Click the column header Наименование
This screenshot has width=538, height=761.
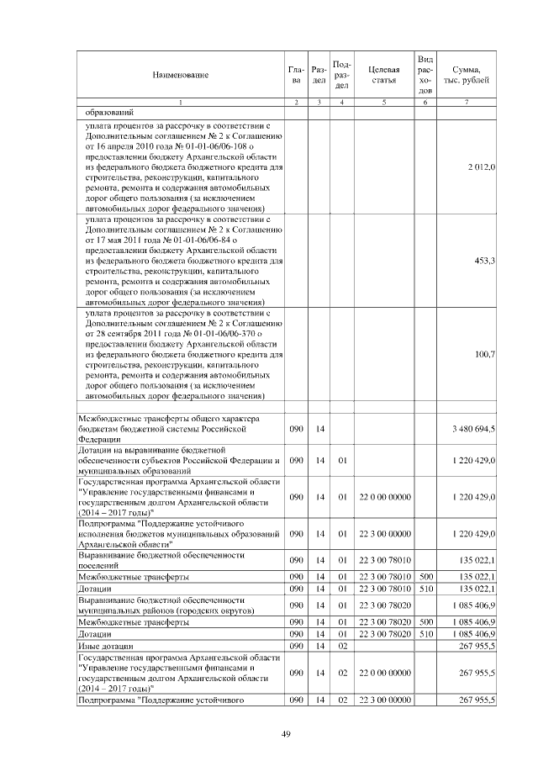point(180,76)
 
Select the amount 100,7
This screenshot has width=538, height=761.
point(484,355)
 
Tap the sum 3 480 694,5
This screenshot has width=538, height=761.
point(473,429)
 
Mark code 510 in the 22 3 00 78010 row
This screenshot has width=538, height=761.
point(425,589)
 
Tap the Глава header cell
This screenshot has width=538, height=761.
point(295,76)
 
